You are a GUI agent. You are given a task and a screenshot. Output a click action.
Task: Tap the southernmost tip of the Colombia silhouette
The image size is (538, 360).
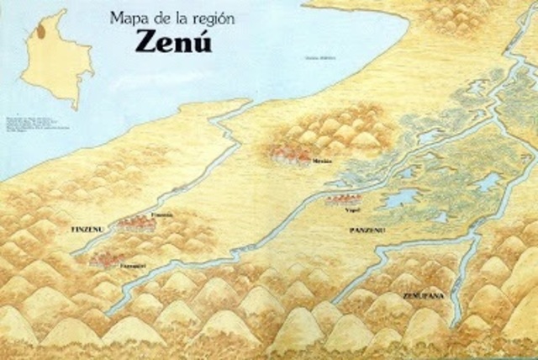click(75, 107)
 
